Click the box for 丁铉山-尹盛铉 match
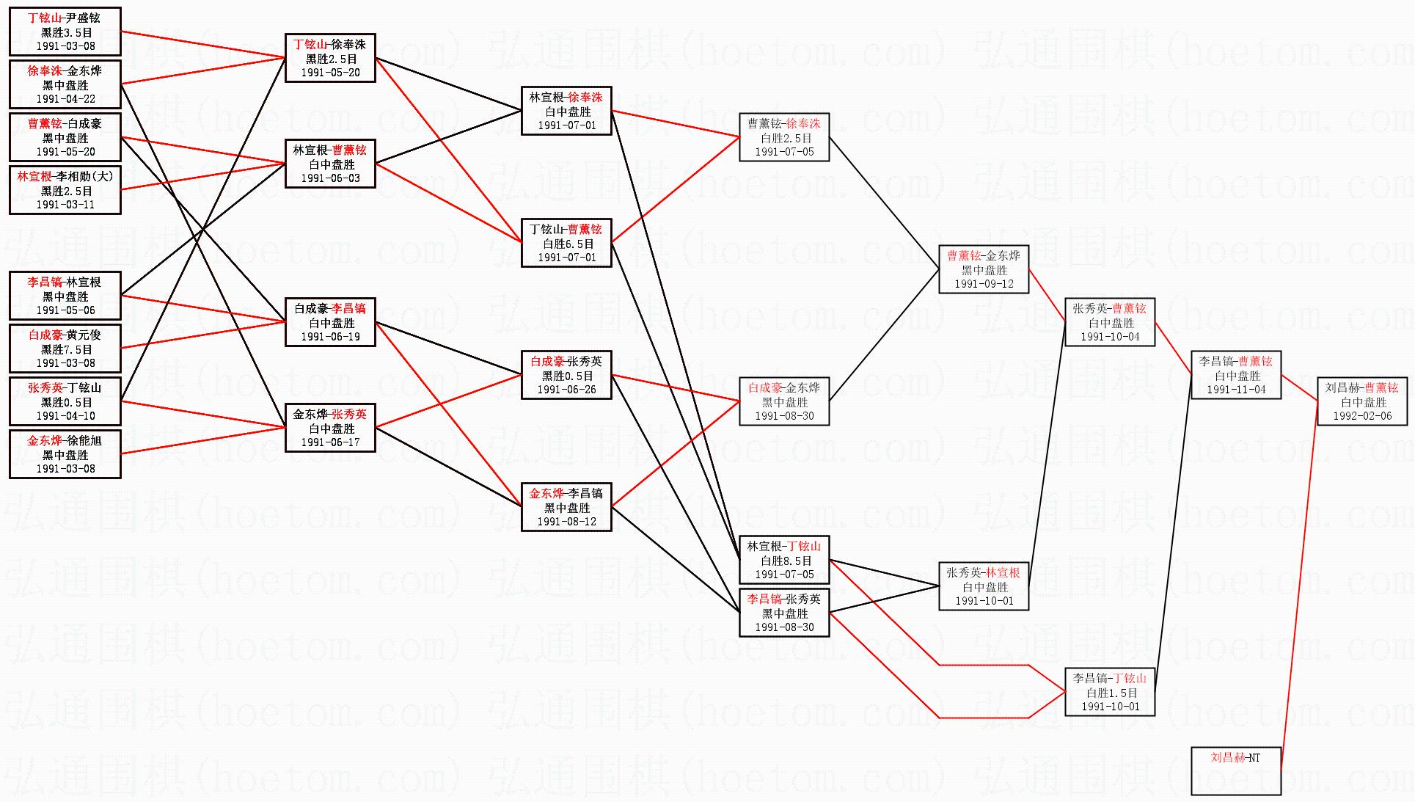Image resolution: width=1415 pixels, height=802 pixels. click(65, 32)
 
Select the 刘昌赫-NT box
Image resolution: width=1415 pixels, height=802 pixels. click(1236, 770)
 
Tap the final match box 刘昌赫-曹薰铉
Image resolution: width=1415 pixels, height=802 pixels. click(1362, 401)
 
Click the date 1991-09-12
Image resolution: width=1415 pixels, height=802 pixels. click(984, 284)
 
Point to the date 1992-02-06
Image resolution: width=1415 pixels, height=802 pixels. click(1362, 416)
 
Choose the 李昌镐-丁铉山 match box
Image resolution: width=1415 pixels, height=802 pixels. click(1110, 692)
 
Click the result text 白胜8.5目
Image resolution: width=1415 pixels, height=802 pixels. click(785, 561)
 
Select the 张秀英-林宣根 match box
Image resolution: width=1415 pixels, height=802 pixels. click(984, 586)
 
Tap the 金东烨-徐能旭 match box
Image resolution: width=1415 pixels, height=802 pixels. click(65, 454)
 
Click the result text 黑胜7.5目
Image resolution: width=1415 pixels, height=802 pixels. click(66, 349)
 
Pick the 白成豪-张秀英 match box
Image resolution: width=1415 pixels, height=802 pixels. click(566, 375)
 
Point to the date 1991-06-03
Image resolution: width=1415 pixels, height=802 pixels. click(331, 178)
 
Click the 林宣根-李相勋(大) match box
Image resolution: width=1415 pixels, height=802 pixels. click(65, 190)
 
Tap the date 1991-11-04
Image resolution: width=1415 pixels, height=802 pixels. click(1236, 390)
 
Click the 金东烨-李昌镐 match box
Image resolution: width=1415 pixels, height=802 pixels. click(566, 507)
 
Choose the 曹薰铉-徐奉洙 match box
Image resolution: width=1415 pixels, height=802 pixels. click(784, 137)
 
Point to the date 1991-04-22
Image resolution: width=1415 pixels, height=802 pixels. click(65, 99)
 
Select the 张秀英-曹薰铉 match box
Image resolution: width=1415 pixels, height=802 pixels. click(1110, 322)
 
